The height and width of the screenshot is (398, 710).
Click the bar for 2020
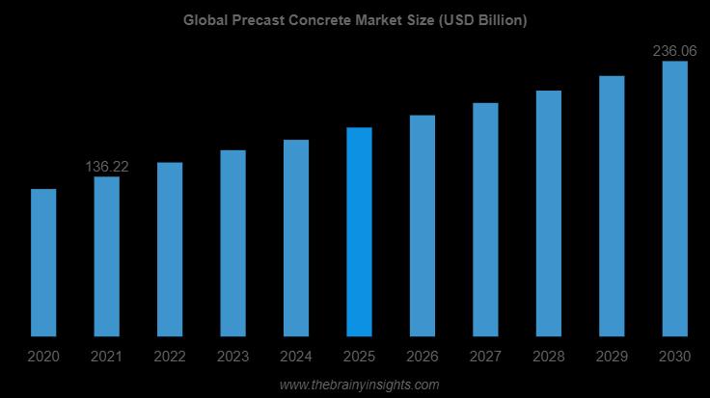tap(43, 262)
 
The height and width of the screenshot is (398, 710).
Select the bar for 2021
tap(106, 256)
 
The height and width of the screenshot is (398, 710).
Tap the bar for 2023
tap(232, 243)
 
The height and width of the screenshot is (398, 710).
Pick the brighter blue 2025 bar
tap(359, 231)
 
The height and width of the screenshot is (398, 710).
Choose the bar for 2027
tap(485, 219)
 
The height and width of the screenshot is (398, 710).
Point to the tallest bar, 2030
tap(674, 199)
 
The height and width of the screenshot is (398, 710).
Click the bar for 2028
tap(549, 213)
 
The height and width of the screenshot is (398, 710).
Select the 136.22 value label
tap(107, 167)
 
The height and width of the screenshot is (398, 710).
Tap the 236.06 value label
tap(675, 51)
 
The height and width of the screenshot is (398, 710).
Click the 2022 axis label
tap(170, 358)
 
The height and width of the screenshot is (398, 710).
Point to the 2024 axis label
tap(296, 358)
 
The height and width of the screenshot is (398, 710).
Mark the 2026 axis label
tap(423, 358)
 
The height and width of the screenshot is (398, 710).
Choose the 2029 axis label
tap(612, 358)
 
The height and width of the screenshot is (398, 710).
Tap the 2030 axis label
tap(674, 358)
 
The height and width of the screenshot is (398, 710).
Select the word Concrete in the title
tap(323, 20)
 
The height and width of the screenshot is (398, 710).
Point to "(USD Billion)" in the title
tap(479, 20)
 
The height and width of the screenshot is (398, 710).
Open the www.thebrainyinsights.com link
tap(359, 385)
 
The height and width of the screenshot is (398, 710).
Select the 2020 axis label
tap(43, 358)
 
